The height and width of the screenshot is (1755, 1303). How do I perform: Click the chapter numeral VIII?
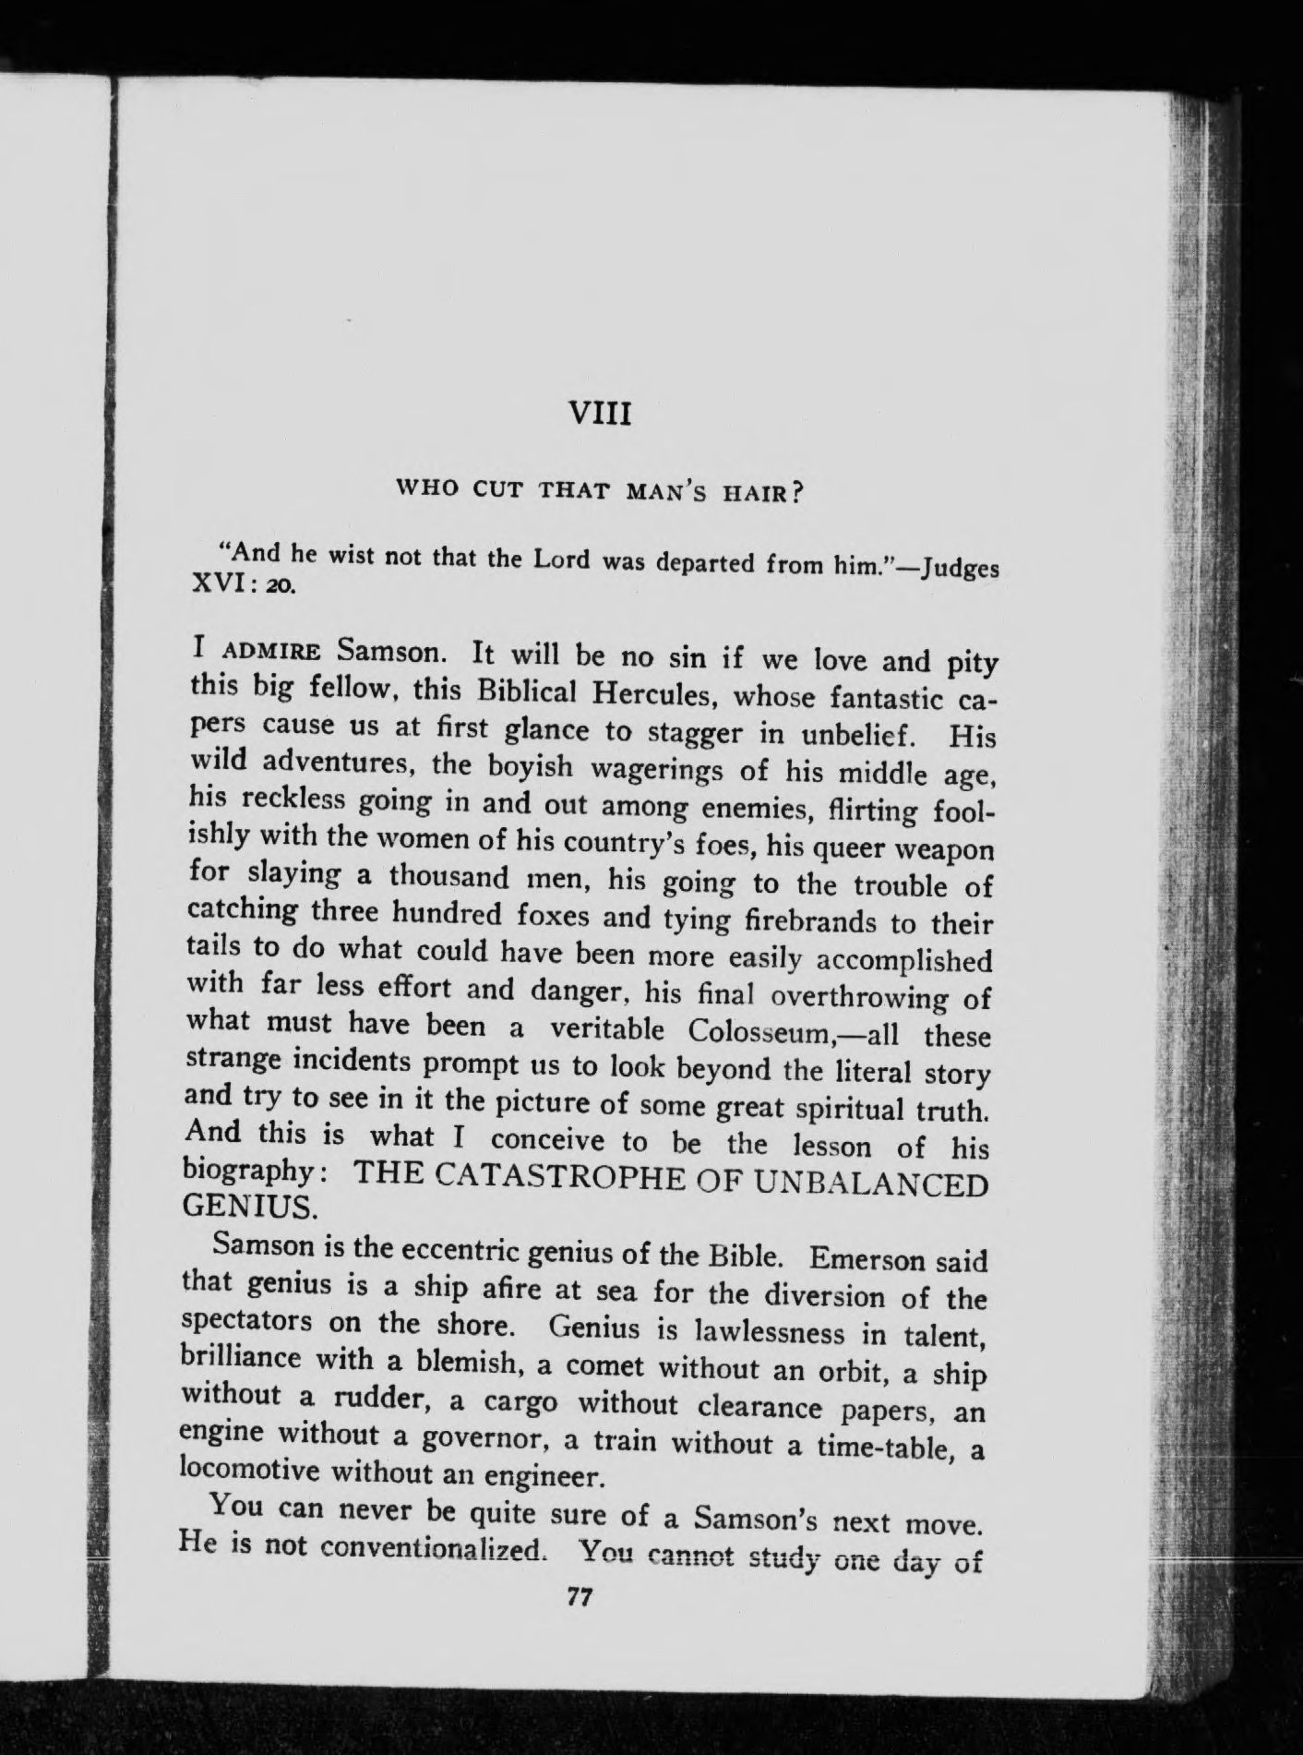click(600, 413)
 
